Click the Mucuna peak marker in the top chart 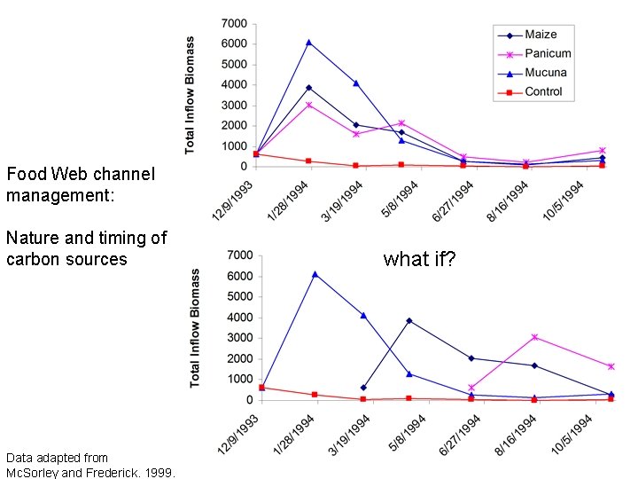308,42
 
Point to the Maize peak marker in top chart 308,88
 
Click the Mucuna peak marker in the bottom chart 314,274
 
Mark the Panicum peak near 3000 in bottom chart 534,337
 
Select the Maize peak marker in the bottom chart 408,320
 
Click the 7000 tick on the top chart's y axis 234,22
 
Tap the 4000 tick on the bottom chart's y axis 239,318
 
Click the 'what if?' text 419,259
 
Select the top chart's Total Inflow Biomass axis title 191,95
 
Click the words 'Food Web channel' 80,174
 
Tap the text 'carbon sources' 66,259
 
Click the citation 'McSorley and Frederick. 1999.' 90,472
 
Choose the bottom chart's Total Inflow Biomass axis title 195,328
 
